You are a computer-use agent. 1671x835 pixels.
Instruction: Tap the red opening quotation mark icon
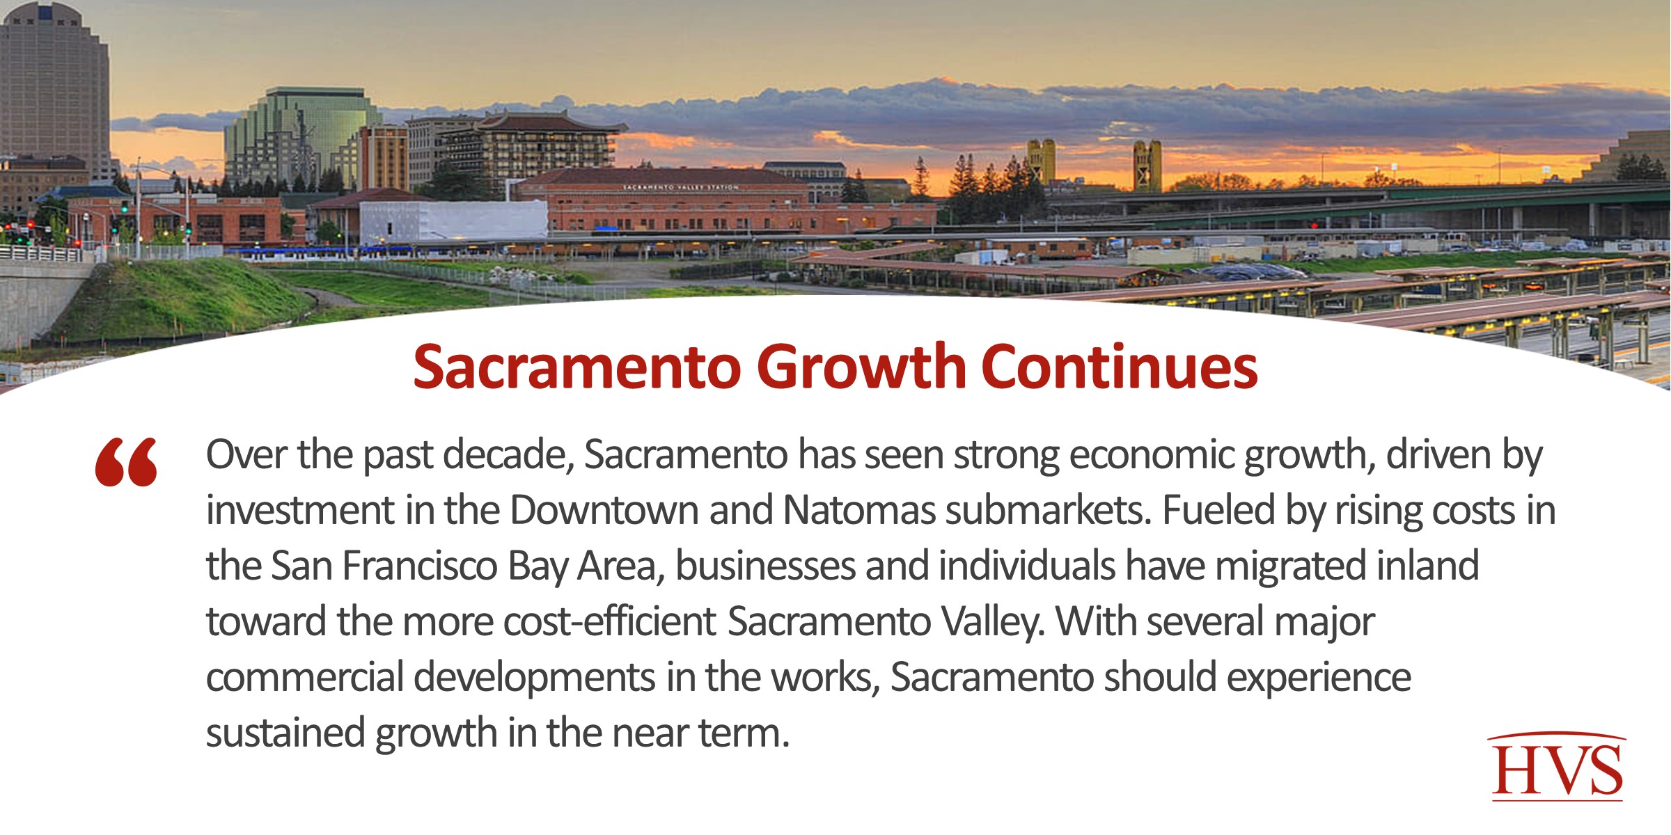pos(126,462)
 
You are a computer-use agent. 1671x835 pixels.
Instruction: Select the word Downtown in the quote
pos(604,510)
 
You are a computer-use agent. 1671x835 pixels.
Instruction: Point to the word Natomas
pos(859,510)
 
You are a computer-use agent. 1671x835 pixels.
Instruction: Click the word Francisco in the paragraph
pos(419,566)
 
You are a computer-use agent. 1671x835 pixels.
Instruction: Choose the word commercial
pos(304,677)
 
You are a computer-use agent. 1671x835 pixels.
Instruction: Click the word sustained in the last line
pos(285,733)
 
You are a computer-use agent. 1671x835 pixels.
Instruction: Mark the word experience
pos(1319,677)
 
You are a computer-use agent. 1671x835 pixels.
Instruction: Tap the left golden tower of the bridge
pos(1041,161)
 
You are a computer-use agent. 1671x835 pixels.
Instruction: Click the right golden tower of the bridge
pos(1146,165)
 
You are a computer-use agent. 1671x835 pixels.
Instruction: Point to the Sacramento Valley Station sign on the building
pos(680,187)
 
